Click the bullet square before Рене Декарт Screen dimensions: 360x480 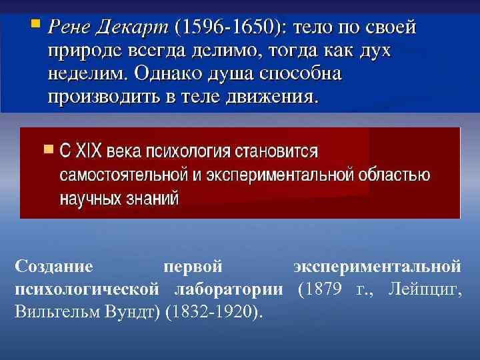point(35,25)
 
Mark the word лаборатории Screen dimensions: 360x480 point(229,289)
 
